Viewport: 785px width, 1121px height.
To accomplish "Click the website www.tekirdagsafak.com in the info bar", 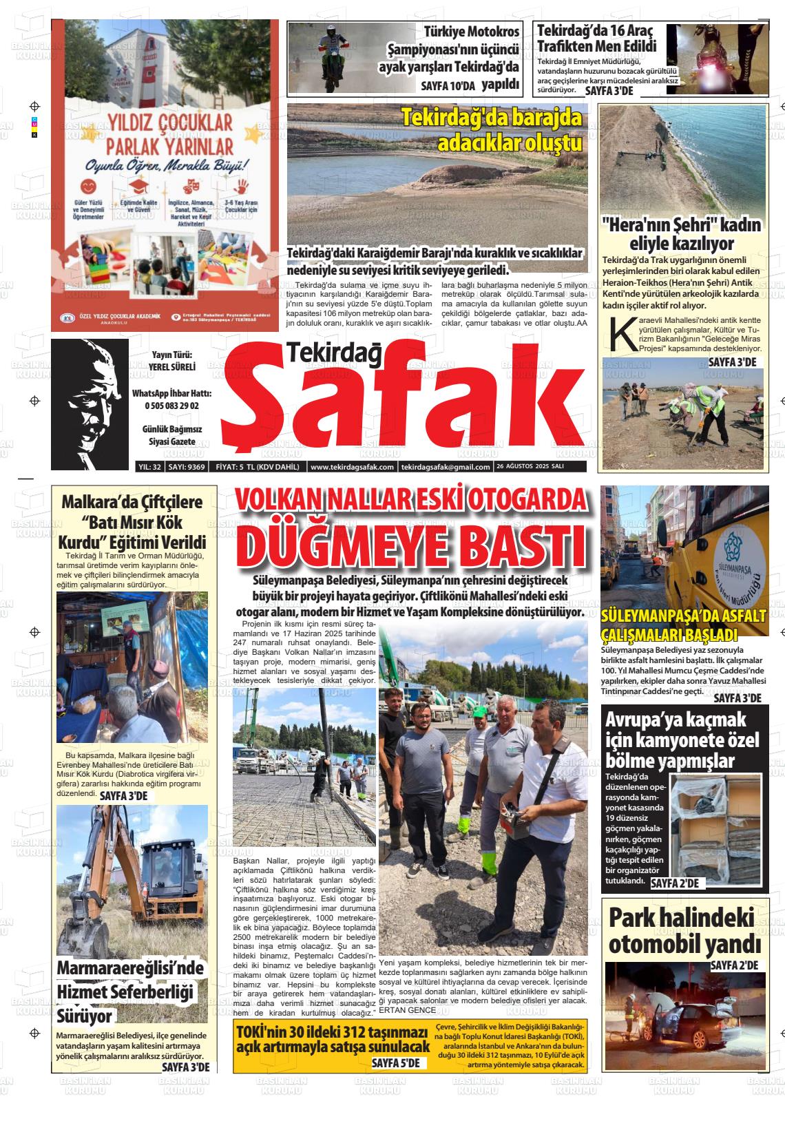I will (x=352, y=467).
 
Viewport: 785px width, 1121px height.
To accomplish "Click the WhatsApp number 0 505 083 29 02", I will (x=171, y=406).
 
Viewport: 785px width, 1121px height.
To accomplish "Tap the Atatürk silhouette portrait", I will (x=90, y=404).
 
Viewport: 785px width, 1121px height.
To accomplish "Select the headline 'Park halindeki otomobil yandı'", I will (x=684, y=930).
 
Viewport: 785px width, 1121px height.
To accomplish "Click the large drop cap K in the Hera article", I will (x=619, y=333).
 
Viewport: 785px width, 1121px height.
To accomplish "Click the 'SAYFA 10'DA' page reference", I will (x=448, y=85).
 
